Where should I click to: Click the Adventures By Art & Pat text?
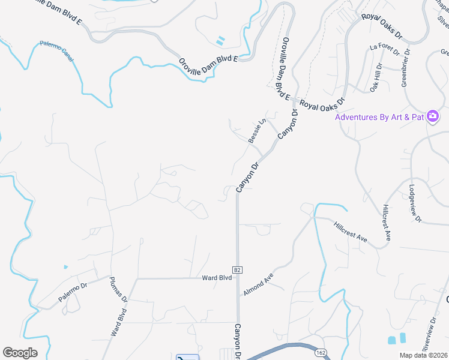[380, 116]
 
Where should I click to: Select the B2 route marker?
[238, 271]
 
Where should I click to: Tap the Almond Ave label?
[258, 284]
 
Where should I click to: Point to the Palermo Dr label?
[73, 292]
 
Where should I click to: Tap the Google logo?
[20, 352]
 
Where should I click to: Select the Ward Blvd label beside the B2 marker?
[217, 278]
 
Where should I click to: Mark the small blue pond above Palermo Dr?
[65, 266]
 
